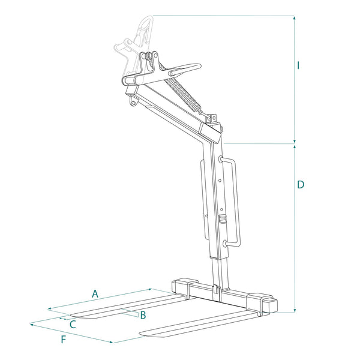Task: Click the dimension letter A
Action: [x=94, y=293]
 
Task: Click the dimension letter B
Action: [x=143, y=316]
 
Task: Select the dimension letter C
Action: [x=73, y=324]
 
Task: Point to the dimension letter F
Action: [x=64, y=340]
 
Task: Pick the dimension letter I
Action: [x=298, y=65]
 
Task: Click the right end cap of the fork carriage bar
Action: [x=274, y=304]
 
